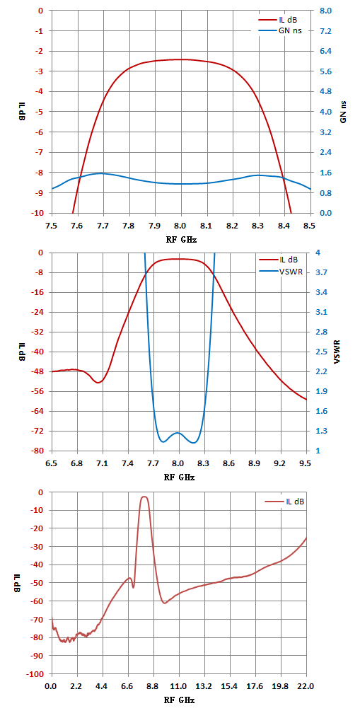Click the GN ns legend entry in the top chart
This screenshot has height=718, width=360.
tap(280, 30)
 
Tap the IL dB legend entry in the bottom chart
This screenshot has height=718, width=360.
tap(285, 502)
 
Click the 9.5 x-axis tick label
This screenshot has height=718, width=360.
tap(305, 463)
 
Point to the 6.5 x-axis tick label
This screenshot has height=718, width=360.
tap(52, 463)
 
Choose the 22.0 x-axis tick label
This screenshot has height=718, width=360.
tap(305, 686)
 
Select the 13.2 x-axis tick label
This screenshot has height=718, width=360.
tap(204, 686)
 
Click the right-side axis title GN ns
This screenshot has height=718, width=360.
tap(344, 112)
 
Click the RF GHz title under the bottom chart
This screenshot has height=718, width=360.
tap(179, 700)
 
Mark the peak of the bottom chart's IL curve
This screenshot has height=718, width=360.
tap(144, 497)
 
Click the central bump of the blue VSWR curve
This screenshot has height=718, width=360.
tap(178, 433)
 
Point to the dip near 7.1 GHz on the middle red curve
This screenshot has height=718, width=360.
tap(99, 383)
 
